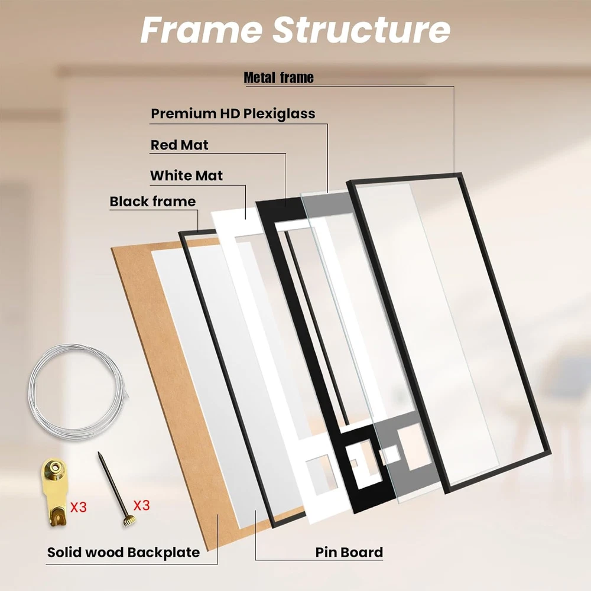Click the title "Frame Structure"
pyautogui.click(x=295, y=30)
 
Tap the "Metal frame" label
pyautogui.click(x=278, y=77)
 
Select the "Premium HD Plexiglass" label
pyautogui.click(x=233, y=114)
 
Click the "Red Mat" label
pyautogui.click(x=180, y=145)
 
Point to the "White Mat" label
pyautogui.click(x=187, y=176)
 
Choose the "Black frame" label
pyautogui.click(x=152, y=202)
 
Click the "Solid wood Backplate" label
pyautogui.click(x=124, y=553)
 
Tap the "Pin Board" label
pyautogui.click(x=349, y=553)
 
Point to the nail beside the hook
pyautogui.click(x=115, y=489)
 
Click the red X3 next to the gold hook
pyautogui.click(x=79, y=507)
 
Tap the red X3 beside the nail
pyautogui.click(x=141, y=505)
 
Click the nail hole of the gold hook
pyautogui.click(x=56, y=467)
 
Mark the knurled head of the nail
pyautogui.click(x=128, y=521)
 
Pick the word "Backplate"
pyautogui.click(x=163, y=553)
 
